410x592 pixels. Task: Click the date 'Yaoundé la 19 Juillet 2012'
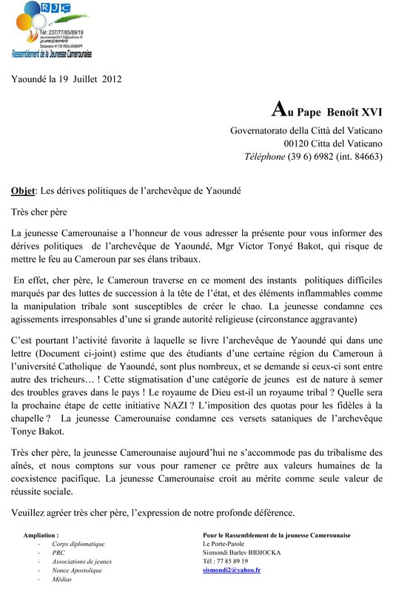click(66, 79)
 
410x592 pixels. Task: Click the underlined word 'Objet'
click(26, 189)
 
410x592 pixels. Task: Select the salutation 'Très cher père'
click(44, 212)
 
